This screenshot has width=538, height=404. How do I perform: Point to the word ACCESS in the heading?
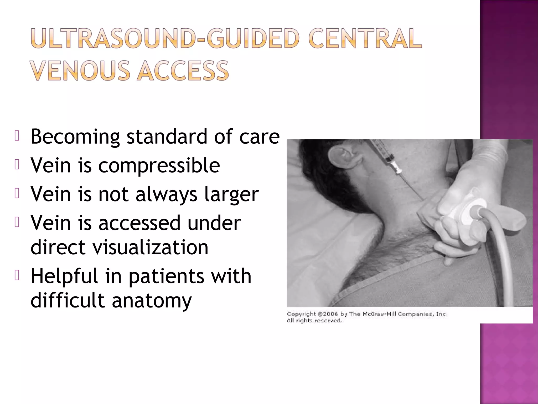(182, 70)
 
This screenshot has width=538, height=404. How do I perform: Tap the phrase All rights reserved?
(314, 321)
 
